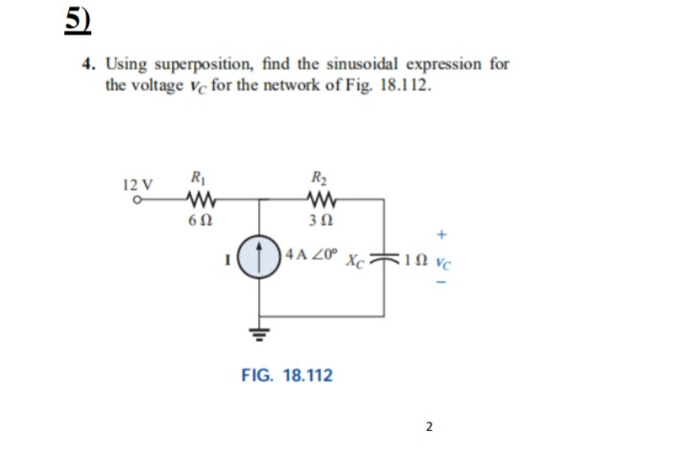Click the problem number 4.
[x=87, y=64]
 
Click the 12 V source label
[x=137, y=183]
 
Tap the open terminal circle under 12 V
[x=135, y=201]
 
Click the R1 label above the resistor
[x=197, y=178]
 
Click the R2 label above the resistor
[x=319, y=178]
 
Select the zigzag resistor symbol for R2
[x=320, y=200]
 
